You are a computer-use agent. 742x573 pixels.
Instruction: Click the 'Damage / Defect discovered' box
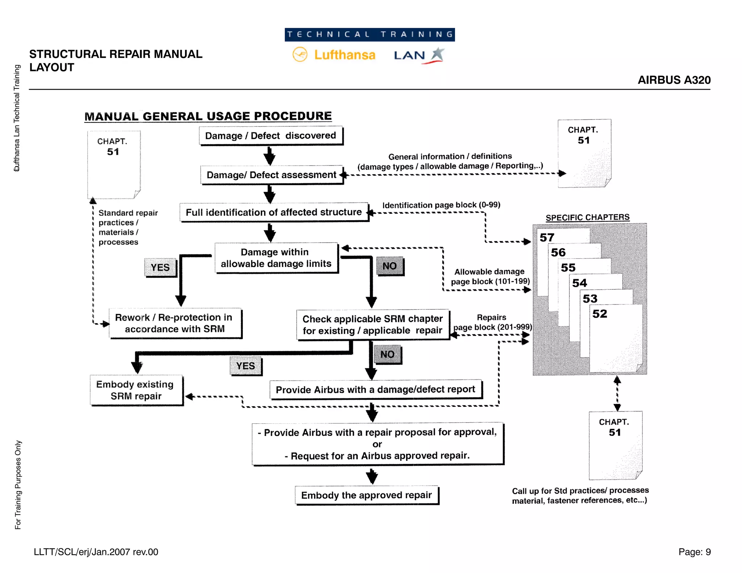pos(271,136)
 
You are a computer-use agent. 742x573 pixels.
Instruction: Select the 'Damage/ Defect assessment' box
pos(271,175)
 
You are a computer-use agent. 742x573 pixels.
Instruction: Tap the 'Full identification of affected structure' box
pos(274,212)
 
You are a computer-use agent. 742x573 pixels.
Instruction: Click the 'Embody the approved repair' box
pos(366,495)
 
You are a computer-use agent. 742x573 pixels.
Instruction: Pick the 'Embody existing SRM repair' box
pos(136,390)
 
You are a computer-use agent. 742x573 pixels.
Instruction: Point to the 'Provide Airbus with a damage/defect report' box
pos(375,390)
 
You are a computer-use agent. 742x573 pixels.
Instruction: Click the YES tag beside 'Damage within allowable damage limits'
pos(160,267)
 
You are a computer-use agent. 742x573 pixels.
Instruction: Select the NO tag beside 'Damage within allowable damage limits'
pos(389,266)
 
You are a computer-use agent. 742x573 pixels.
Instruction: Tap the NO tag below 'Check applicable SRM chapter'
pos(387,354)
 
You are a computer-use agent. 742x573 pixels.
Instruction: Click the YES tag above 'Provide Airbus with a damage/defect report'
pos(245,366)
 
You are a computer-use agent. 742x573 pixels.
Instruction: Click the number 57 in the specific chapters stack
pos(547,238)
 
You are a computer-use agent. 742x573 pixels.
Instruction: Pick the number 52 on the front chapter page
pos(600,314)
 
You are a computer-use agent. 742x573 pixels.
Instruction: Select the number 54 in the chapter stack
pos(579,283)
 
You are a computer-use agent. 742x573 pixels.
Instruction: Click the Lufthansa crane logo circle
pos(300,55)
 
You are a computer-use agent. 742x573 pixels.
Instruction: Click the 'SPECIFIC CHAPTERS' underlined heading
pos(587,217)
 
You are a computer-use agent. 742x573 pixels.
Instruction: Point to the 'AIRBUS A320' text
pos(674,80)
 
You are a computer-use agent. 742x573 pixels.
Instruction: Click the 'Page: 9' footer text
pos(694,552)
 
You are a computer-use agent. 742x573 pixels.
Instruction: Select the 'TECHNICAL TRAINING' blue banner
pos(370,35)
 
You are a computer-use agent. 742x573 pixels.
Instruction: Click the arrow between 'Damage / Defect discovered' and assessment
pos(269,156)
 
